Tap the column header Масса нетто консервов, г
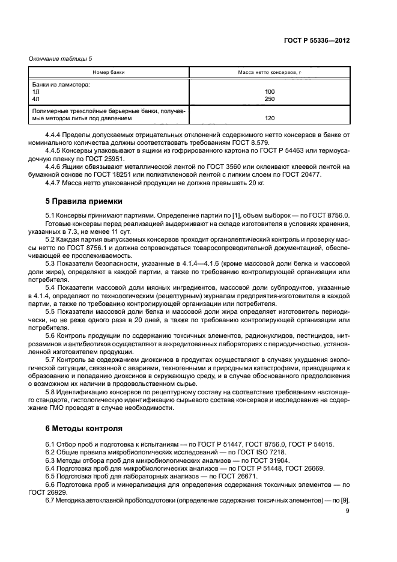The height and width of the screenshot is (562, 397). tap(270, 72)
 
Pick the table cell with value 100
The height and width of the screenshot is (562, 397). tap(270, 91)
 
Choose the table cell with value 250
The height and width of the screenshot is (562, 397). tap(270, 99)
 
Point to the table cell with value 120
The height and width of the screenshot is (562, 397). tap(270, 118)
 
